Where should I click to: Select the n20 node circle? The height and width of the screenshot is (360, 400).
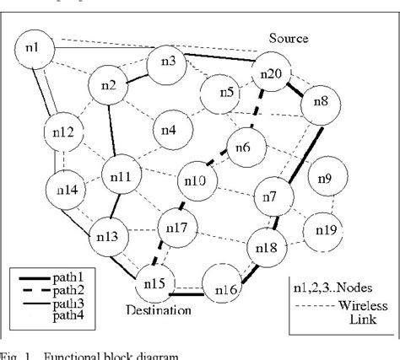tap(271, 73)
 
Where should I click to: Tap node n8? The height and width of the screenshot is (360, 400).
tap(322, 102)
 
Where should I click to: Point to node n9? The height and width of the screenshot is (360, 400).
tap(325, 178)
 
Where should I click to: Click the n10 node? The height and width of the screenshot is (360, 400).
tap(195, 179)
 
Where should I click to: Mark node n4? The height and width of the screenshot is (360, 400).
tap(169, 130)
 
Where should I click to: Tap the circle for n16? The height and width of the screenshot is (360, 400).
tap(224, 289)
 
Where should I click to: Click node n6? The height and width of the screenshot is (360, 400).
tap(243, 148)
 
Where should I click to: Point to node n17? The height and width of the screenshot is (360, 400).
tap(178, 228)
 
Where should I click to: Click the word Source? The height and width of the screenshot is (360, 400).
tap(289, 38)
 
